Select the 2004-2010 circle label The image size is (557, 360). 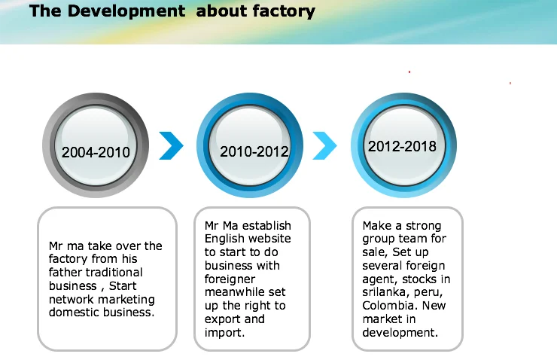96,152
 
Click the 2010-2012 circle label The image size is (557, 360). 254,151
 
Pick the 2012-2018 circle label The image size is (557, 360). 402,146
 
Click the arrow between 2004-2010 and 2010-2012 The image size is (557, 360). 171,145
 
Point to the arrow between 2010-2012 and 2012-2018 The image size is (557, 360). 324,145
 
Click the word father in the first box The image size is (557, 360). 66,273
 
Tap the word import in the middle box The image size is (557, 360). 224,332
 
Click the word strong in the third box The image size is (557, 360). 425,225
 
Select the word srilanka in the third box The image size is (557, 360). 385,292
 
